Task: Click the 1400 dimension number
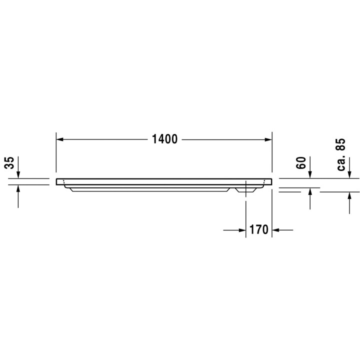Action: pos(165,139)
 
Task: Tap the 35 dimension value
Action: pos(9,163)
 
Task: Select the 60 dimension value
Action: pos(301,163)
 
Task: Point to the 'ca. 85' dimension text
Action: pos(341,154)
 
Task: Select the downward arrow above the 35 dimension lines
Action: pos(18,172)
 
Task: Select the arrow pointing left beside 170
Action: pos(276,230)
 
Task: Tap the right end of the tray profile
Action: pos(270,181)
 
